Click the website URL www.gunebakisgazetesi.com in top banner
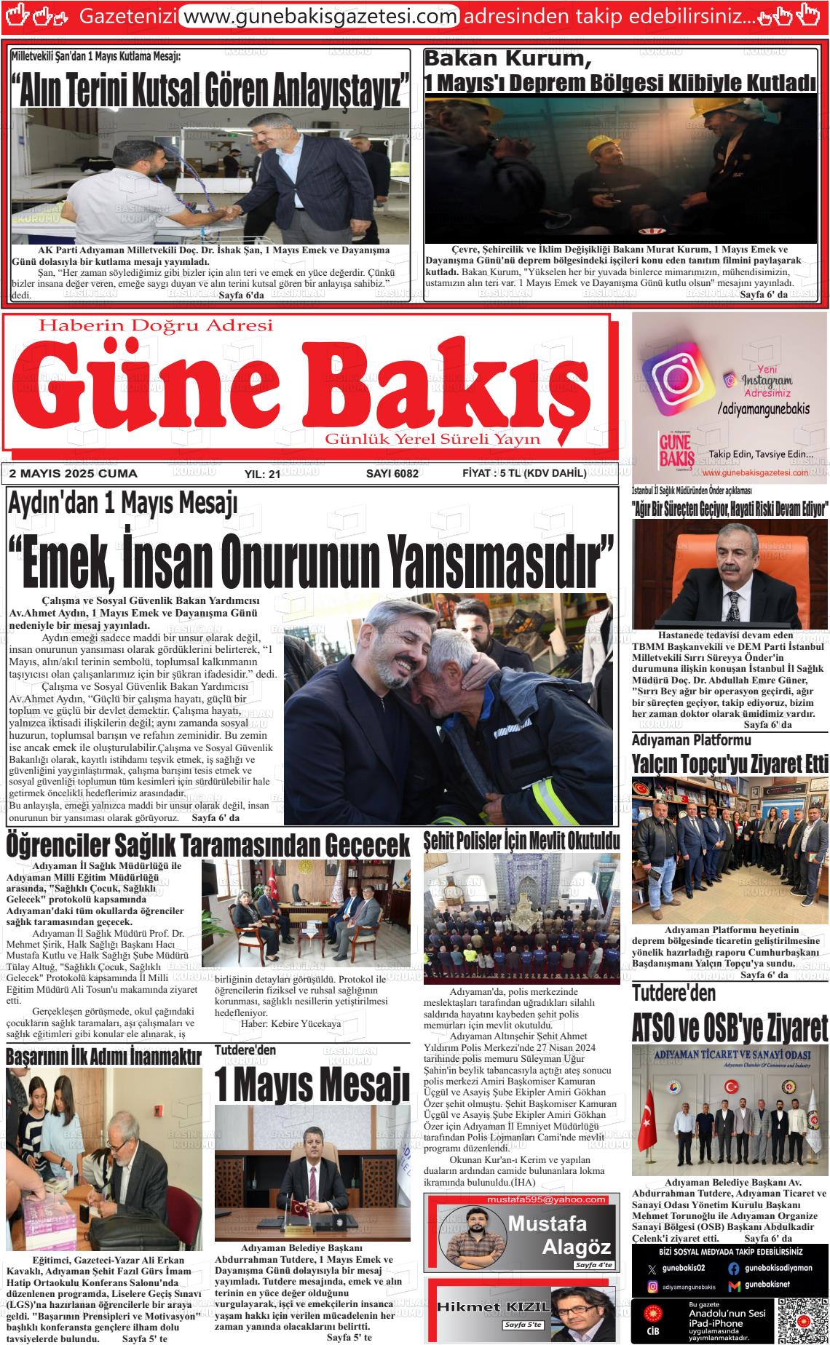(x=319, y=16)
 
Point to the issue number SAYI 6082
(x=392, y=473)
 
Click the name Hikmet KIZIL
(x=491, y=1306)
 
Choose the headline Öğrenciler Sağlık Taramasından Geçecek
(x=208, y=845)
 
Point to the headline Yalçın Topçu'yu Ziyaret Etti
(x=730, y=763)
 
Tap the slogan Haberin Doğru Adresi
(x=156, y=325)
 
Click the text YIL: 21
(x=263, y=474)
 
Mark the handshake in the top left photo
(x=230, y=213)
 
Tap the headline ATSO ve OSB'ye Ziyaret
(x=730, y=1029)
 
